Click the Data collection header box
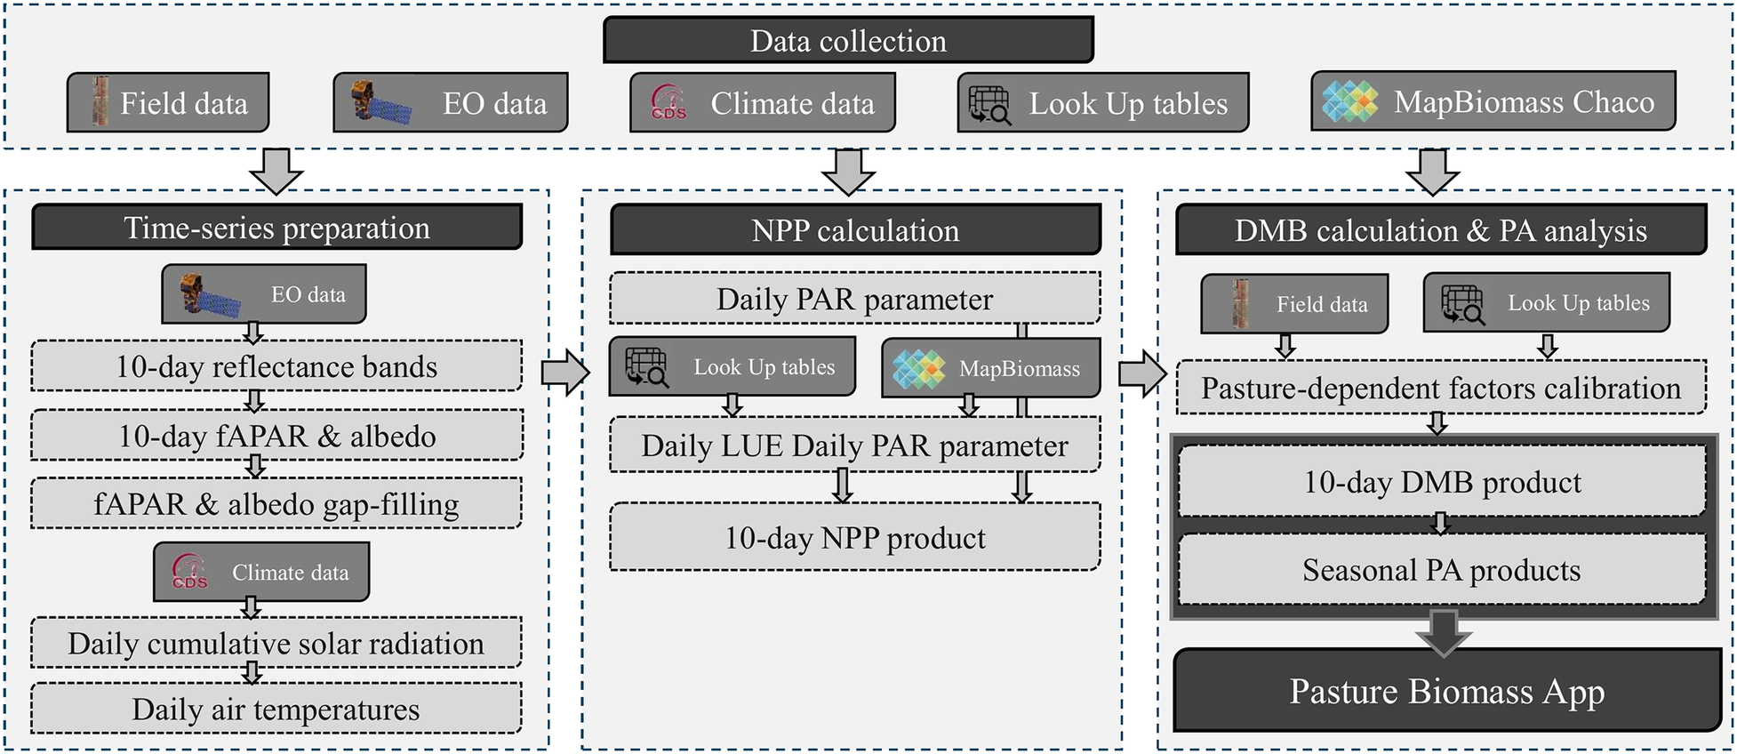click(848, 40)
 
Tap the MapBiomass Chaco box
click(1493, 101)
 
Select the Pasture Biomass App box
click(1447, 691)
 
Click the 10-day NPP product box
click(855, 537)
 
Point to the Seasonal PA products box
click(1442, 570)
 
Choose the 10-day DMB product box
click(1442, 482)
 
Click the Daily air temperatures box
click(276, 709)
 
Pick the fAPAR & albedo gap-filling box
click(276, 504)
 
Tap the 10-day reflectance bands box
click(276, 366)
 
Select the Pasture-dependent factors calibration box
click(1441, 388)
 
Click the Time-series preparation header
click(276, 228)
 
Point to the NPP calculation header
click(855, 230)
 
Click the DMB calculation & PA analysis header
click(1441, 230)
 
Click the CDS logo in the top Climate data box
click(668, 103)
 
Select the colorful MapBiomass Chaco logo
click(1350, 101)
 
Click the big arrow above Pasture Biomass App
click(1443, 633)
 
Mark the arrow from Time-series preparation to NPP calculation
click(565, 372)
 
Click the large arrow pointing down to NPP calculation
click(849, 172)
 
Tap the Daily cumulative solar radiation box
click(276, 643)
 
